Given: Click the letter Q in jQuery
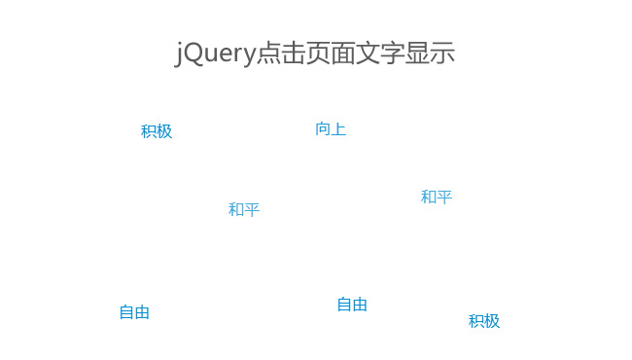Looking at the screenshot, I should (x=193, y=53).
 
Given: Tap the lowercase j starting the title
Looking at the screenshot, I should (x=179, y=54).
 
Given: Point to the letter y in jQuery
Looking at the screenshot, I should (x=248, y=56).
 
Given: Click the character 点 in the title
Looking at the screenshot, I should (x=267, y=53).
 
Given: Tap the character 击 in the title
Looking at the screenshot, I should (x=293, y=53).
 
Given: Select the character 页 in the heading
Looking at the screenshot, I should (x=318, y=53).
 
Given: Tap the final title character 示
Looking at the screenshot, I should (x=443, y=53).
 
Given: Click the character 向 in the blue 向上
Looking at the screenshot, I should (x=323, y=129).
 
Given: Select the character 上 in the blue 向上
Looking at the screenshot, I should (x=338, y=129).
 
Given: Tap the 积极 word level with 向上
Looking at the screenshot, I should (x=156, y=131).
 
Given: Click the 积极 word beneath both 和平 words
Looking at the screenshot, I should (x=483, y=321).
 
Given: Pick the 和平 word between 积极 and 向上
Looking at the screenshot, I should (x=243, y=209).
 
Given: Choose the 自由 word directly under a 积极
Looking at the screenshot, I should (x=134, y=312).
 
